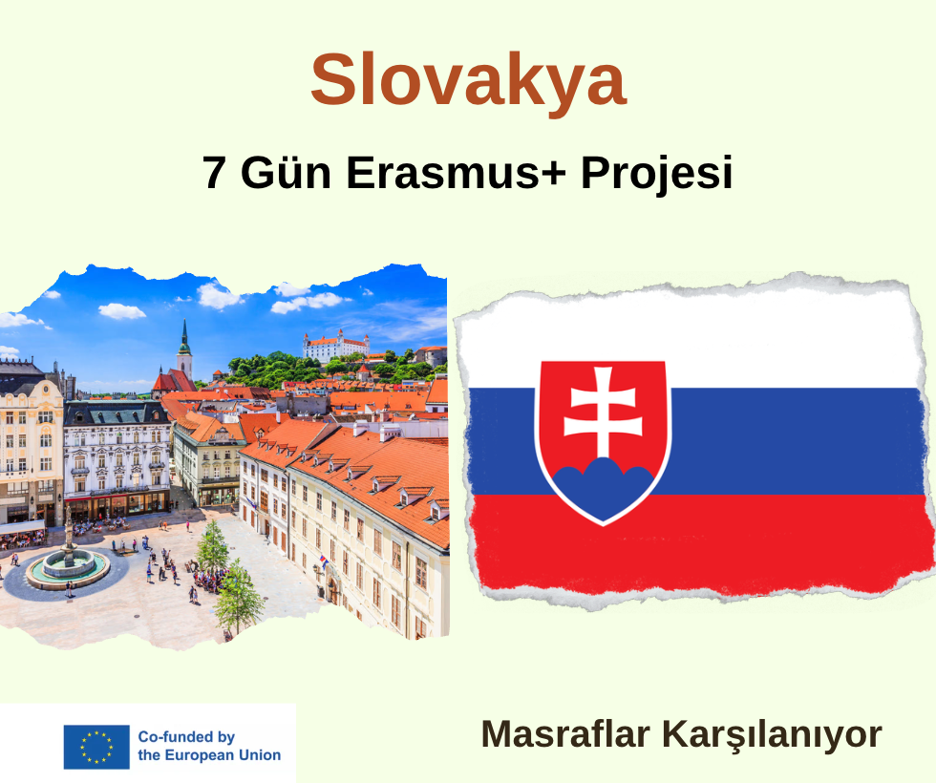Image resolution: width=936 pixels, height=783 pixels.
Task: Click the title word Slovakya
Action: click(x=469, y=80)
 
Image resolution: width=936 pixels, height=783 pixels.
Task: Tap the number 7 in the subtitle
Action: click(x=214, y=172)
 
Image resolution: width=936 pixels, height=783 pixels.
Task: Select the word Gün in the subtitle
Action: click(x=286, y=172)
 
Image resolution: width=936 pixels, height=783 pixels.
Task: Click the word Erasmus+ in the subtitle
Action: click(x=456, y=172)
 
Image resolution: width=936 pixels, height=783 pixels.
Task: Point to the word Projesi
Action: click(x=657, y=173)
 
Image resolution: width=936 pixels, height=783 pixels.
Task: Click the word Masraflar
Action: click(x=564, y=734)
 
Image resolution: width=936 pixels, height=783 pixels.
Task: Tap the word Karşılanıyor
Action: click(x=773, y=736)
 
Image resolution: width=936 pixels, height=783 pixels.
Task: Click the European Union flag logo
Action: click(x=96, y=747)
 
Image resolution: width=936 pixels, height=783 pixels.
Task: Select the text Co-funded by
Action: click(x=186, y=737)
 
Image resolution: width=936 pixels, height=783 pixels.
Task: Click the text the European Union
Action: click(x=209, y=755)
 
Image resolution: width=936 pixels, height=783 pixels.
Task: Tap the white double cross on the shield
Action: click(x=603, y=412)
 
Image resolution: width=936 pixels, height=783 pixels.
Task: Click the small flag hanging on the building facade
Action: click(x=323, y=561)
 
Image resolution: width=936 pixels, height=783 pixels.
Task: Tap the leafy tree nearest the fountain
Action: click(x=212, y=546)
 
